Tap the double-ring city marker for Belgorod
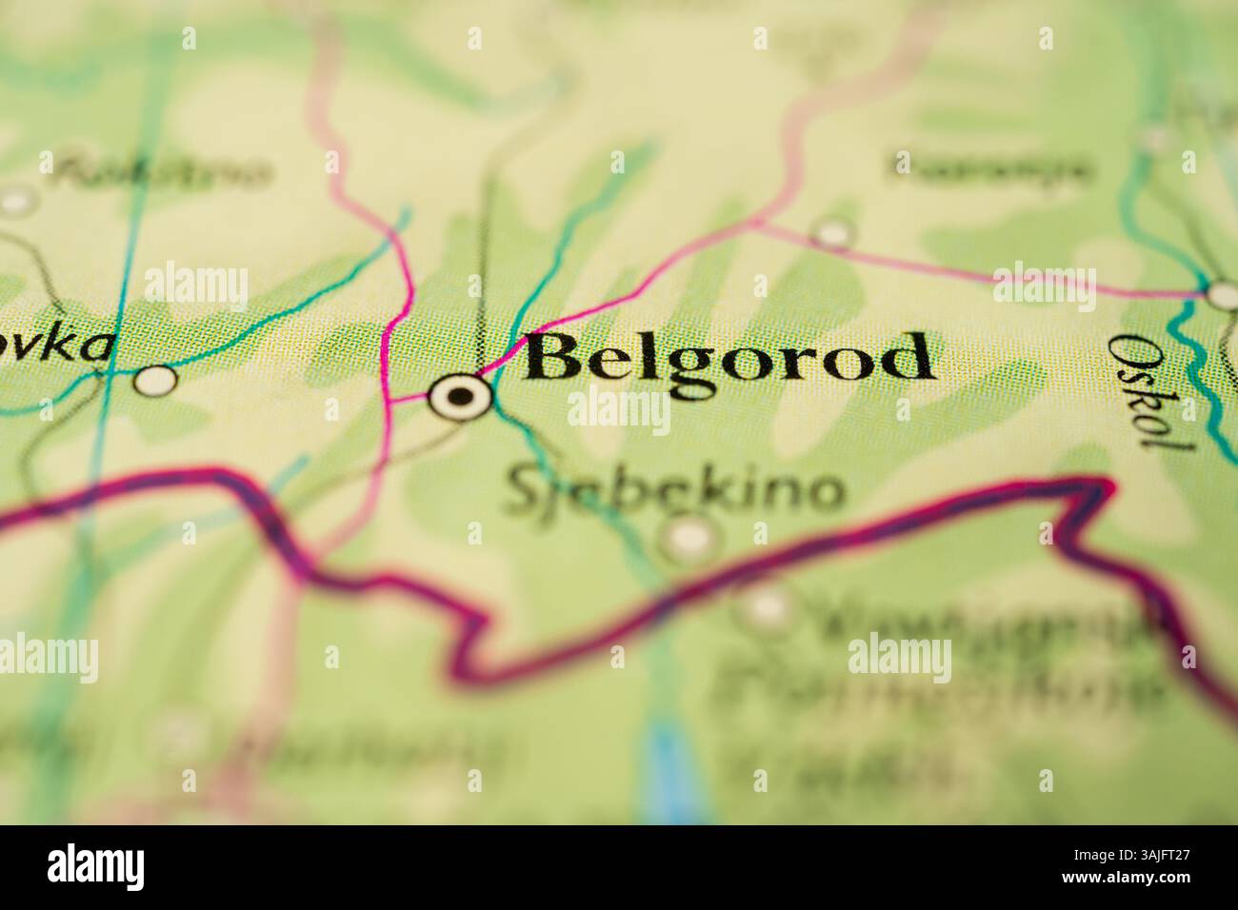(x=460, y=396)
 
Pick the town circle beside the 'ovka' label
(x=155, y=381)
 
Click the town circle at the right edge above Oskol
(x=1223, y=294)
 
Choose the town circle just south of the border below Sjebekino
(x=767, y=606)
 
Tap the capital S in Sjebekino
(x=521, y=490)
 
